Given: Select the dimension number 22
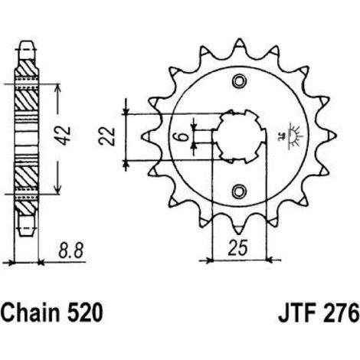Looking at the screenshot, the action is pos(106,136).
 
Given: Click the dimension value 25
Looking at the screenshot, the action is pos(237,247).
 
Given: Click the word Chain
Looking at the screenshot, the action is pos(32,312).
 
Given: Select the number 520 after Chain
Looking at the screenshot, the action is pos(85,313).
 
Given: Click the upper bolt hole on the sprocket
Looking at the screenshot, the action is pos(240,81).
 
